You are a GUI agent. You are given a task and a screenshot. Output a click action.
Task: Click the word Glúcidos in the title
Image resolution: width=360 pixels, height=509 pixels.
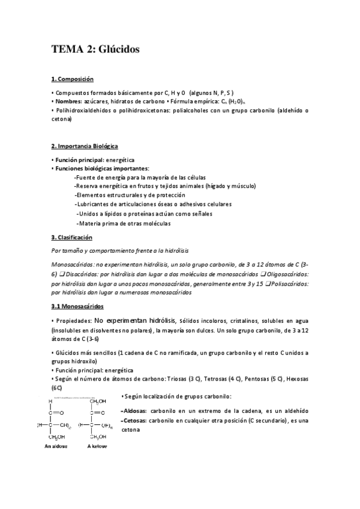(118, 50)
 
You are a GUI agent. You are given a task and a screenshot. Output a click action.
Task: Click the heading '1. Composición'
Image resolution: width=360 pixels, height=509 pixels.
(72, 79)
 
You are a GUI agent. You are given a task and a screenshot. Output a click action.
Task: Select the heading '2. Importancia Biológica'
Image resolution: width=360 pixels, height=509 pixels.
(85, 146)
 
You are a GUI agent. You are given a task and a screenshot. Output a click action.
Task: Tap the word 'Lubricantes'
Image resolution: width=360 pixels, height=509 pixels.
(95, 204)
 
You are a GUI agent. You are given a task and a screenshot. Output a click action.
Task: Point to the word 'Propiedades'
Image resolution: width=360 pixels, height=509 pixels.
(74, 321)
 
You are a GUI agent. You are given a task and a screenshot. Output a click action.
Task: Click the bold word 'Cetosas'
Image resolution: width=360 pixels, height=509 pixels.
(135, 421)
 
